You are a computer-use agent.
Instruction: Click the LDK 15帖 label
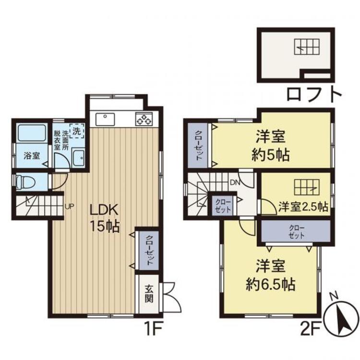[105, 218]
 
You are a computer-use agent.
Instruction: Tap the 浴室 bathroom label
[32, 156]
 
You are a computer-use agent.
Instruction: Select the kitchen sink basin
[105, 119]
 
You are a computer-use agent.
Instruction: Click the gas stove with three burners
[144, 119]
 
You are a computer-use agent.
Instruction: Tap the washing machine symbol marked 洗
[77, 131]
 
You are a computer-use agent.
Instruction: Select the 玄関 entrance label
[149, 294]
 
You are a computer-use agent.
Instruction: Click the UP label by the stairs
[69, 206]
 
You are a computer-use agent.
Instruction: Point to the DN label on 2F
[235, 182]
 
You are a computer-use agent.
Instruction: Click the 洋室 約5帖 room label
[270, 145]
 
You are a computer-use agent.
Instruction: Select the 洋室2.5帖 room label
[303, 206]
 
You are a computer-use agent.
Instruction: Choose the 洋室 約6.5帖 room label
[270, 275]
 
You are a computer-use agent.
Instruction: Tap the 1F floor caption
[153, 328]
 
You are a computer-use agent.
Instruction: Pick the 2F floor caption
[311, 329]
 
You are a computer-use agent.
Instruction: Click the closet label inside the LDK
[149, 250]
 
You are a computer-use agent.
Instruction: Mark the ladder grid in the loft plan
[307, 47]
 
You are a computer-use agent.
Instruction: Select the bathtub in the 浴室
[32, 132]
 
